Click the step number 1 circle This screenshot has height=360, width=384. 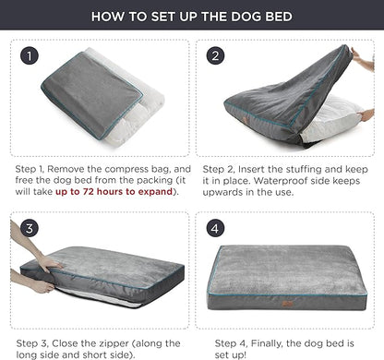[31, 55]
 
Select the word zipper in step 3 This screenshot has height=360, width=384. [119, 340]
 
